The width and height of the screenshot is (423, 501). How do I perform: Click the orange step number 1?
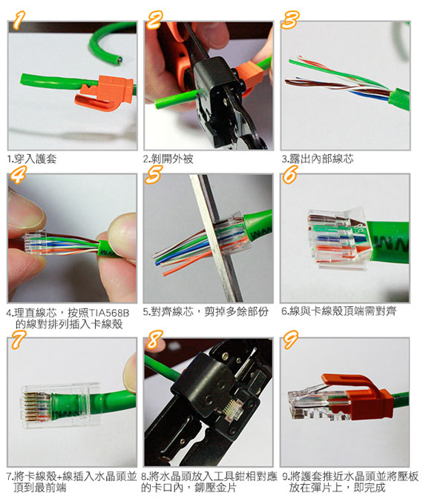pyautogui.click(x=19, y=20)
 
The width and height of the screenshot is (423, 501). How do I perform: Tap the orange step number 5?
pyautogui.click(x=154, y=174)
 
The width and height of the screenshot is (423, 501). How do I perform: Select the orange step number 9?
pyautogui.click(x=290, y=339)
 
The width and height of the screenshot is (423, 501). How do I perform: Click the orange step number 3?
pyautogui.click(x=290, y=20)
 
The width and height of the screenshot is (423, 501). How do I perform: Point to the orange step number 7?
pyautogui.click(x=19, y=339)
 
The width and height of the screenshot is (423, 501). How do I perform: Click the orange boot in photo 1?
pyautogui.click(x=105, y=93)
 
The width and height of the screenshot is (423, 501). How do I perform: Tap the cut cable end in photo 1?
pyautogui.click(x=119, y=59)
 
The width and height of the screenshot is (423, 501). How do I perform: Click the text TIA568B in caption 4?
pyautogui.click(x=108, y=313)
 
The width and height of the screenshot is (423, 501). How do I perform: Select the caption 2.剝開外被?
pyautogui.click(x=168, y=159)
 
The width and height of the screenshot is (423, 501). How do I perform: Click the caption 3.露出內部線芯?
pyautogui.click(x=318, y=159)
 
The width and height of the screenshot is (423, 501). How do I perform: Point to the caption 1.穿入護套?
pyautogui.click(x=31, y=159)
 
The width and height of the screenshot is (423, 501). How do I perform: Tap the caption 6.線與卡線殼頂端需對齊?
pyautogui.click(x=339, y=311)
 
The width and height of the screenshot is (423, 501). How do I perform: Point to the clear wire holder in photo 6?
pyautogui.click(x=338, y=239)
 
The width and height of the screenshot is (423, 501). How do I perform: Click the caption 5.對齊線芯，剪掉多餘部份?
pyautogui.click(x=206, y=311)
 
